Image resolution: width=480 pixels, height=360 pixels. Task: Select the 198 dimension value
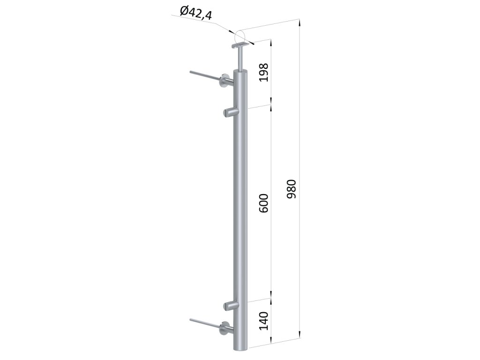coord(263,72)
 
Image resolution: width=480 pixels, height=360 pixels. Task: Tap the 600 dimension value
coord(263,202)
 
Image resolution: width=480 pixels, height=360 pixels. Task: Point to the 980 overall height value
coord(291,188)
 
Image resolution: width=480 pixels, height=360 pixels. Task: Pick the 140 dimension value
coord(263,321)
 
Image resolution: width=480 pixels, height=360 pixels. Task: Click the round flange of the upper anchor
coord(225,82)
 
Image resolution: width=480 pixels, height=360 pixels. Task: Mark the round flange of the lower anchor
coord(225,329)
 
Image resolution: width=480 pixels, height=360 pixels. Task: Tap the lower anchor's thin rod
coord(204,322)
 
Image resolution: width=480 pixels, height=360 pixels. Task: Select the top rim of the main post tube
coord(241,72)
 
